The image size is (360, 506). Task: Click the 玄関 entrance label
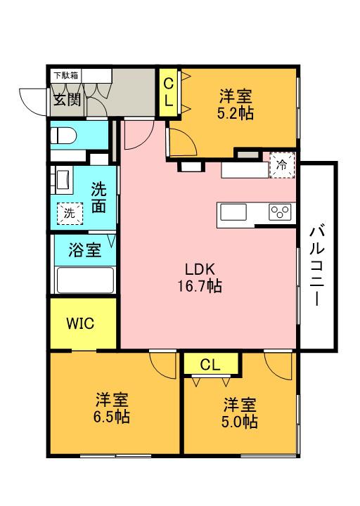point(67,98)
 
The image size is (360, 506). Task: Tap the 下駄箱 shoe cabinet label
point(67,74)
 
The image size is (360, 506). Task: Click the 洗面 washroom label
point(99,197)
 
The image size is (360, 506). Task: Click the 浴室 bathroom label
point(83,249)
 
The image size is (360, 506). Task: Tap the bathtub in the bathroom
point(84,280)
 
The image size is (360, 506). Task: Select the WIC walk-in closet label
point(80,324)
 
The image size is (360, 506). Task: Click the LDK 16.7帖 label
point(204,278)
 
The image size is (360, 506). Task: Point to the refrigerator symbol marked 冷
point(281,167)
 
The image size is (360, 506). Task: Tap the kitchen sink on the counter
point(233,212)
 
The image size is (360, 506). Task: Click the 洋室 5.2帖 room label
point(236,104)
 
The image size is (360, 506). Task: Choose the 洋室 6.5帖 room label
point(112,408)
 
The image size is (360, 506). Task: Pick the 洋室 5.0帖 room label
point(240,413)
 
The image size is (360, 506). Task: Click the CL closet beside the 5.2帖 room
point(169,92)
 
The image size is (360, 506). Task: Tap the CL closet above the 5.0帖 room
point(210,364)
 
